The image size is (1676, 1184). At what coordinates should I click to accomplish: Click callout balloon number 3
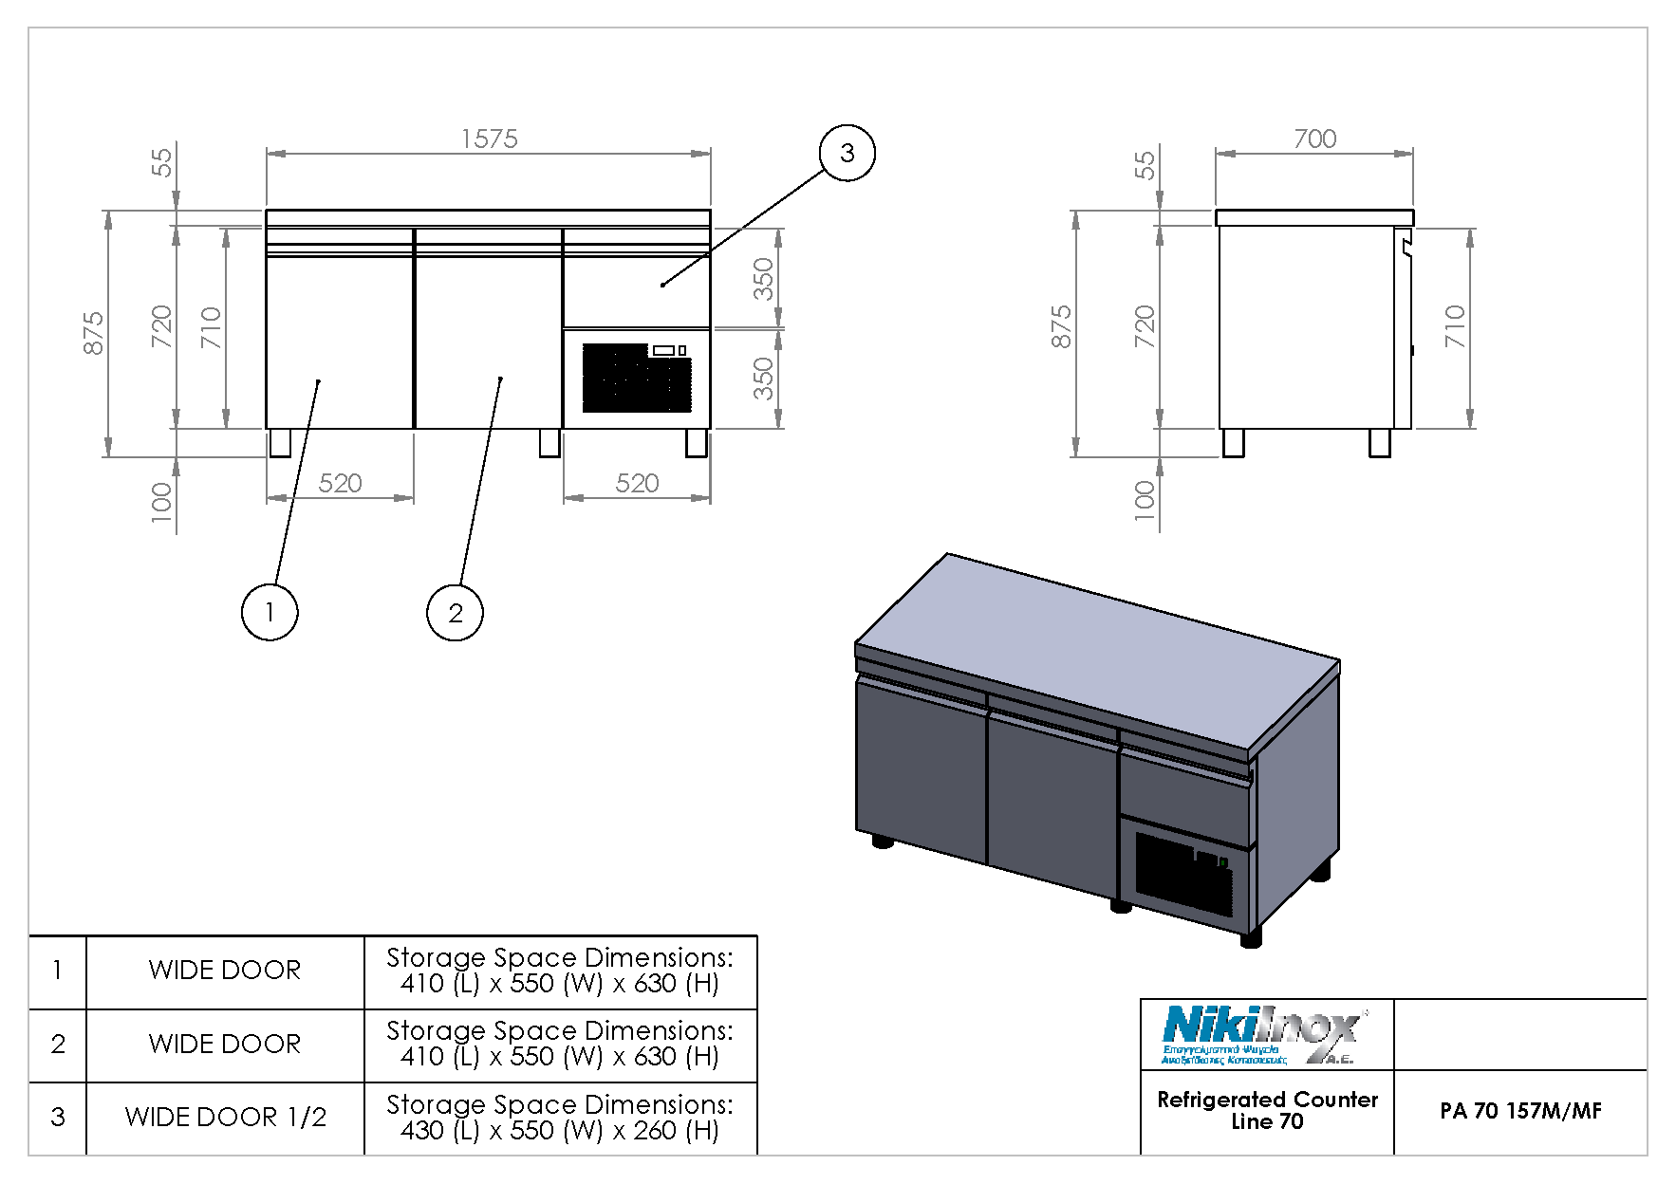847,153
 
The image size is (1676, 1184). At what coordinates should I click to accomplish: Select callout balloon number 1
270,612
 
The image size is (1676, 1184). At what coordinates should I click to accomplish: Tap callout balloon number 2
455,612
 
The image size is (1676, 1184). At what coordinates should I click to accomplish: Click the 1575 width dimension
489,139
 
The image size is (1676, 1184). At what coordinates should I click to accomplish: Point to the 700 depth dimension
1314,139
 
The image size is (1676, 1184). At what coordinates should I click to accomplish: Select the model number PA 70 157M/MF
1520,1111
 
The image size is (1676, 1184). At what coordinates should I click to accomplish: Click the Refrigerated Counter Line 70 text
1267,1110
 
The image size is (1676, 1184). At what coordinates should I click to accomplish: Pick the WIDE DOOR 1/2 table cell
225,1118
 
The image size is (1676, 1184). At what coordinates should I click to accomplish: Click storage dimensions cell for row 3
560,1118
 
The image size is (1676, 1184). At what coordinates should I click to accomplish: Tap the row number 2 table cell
58,1045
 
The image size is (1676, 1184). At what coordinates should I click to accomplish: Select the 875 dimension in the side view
1062,327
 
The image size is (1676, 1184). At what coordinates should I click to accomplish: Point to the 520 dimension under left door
340,484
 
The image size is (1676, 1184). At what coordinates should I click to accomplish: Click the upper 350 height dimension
764,278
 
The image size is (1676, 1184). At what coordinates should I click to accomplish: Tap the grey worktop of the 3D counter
1091,645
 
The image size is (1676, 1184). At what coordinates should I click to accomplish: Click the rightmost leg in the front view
697,443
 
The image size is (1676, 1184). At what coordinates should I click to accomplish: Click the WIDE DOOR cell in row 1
225,971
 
